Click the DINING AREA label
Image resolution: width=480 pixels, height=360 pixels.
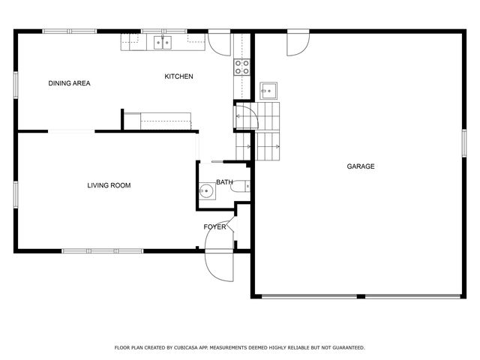point(69,83)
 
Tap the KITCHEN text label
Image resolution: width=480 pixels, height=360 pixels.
point(179,76)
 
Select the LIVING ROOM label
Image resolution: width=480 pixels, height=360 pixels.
point(109,184)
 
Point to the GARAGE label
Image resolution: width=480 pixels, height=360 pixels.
point(360,166)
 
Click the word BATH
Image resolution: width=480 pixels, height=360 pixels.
point(224,182)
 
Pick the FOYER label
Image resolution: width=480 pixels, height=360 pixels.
point(214,226)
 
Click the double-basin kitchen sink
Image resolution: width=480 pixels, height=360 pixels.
point(163,43)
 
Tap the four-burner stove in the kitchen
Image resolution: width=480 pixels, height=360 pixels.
point(241,67)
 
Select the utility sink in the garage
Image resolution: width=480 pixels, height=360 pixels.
point(269,91)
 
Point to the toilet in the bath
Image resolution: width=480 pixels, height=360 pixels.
point(244,186)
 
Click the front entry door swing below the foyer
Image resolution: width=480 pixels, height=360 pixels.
point(218,264)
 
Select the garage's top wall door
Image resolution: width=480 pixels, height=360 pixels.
point(298,43)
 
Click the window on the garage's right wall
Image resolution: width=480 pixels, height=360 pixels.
point(463,142)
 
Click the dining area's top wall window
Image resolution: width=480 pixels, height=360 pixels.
point(68,31)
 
